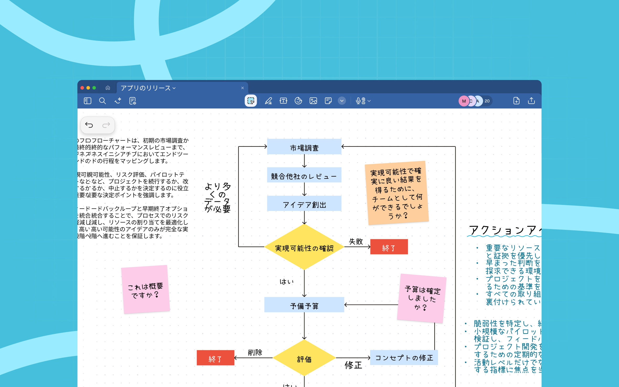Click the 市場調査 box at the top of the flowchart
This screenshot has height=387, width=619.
coord(304,147)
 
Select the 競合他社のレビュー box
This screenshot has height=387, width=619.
coord(304,176)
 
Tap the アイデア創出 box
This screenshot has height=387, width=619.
coord(304,204)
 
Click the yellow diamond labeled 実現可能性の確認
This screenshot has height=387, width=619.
coord(304,247)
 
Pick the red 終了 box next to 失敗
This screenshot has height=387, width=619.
coord(389,247)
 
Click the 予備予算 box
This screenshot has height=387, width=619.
coord(304,305)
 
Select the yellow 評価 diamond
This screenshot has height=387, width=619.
coord(304,358)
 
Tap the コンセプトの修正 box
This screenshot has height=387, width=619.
coord(404,358)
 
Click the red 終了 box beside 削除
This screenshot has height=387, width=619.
coord(215,358)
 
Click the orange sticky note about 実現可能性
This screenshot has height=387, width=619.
coord(397,193)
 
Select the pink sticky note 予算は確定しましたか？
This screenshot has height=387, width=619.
coord(421,298)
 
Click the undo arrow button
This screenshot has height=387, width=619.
coord(89,125)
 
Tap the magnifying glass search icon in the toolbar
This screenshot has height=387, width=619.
coord(102,101)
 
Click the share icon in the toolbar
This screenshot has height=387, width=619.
coord(531,101)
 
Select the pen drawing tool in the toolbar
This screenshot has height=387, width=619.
coord(268,101)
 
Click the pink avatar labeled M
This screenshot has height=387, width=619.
coord(463,101)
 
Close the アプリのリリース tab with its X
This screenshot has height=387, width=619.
coord(242,88)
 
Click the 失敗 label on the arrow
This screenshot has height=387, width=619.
coord(356,241)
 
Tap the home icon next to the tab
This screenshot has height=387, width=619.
coord(108,88)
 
